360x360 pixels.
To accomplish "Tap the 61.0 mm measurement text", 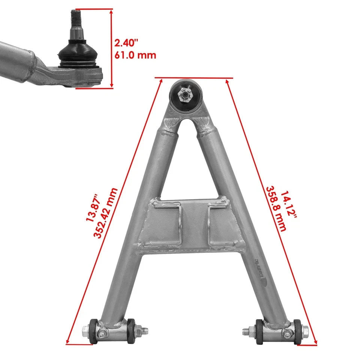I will pyautogui.click(x=135, y=55).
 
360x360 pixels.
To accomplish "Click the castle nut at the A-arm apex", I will pyautogui.click(x=185, y=94).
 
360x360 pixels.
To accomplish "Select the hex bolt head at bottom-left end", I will pyautogui.click(x=86, y=331).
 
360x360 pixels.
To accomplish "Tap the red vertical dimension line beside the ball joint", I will pyautogui.click(x=112, y=49).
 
